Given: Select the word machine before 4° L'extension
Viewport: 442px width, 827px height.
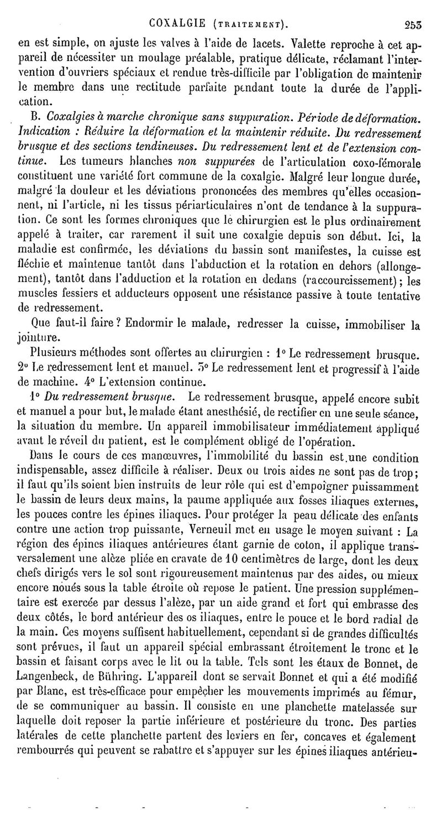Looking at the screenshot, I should coord(57,381).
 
